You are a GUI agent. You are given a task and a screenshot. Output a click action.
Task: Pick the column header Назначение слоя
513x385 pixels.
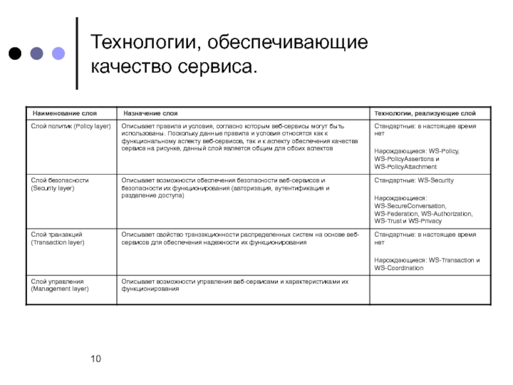151,114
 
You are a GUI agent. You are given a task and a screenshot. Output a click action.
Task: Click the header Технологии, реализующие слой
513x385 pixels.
425,114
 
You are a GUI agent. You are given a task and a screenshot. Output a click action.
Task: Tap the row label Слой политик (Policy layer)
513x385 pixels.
71,126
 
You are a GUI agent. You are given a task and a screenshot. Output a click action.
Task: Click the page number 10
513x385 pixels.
96,358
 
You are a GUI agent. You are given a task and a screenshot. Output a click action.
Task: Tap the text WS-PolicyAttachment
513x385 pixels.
407,167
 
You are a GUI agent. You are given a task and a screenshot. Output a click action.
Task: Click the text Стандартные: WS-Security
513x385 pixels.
414,180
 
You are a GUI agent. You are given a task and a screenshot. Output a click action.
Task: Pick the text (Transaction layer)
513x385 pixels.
58,243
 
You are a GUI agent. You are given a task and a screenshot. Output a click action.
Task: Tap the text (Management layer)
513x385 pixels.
60,289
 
